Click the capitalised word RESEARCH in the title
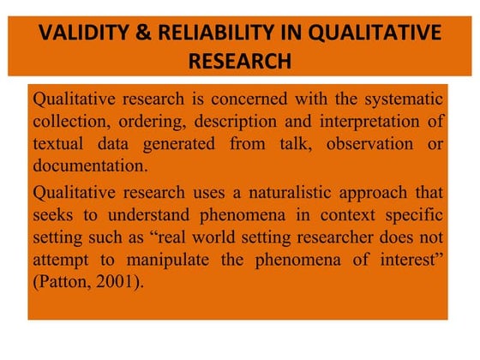239,61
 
